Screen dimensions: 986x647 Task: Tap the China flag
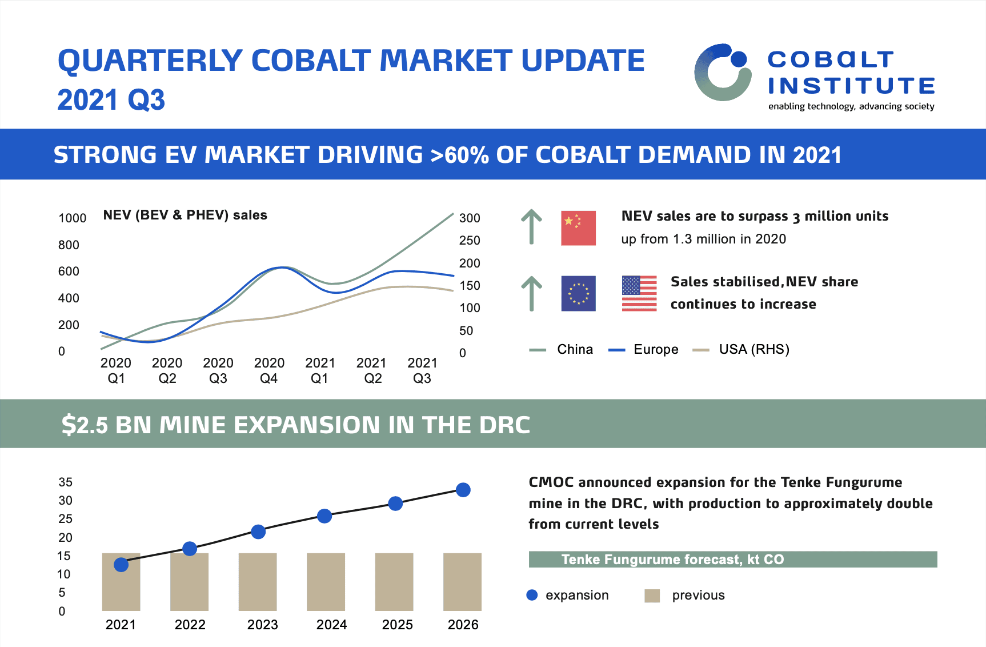click(578, 228)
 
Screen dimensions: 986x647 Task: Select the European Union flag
click(578, 293)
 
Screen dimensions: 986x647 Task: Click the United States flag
click(639, 293)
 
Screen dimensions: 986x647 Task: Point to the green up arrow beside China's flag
click(531, 227)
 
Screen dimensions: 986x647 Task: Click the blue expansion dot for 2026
click(463, 490)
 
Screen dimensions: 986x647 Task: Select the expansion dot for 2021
click(121, 565)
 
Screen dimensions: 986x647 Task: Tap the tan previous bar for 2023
click(258, 582)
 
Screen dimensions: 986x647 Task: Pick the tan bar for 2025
click(394, 582)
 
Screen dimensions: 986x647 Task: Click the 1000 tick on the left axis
click(73, 218)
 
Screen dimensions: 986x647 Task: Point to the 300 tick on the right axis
click(470, 218)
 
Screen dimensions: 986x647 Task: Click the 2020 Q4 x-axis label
click(269, 370)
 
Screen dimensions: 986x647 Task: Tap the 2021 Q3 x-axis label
click(422, 370)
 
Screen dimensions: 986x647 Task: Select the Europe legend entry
click(644, 349)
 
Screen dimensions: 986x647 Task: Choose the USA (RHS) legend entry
click(741, 349)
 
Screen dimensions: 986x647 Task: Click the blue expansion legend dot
click(532, 595)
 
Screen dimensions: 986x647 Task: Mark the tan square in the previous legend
click(652, 596)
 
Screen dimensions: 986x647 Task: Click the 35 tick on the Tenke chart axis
click(66, 482)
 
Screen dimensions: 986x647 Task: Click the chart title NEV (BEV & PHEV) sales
click(185, 215)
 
